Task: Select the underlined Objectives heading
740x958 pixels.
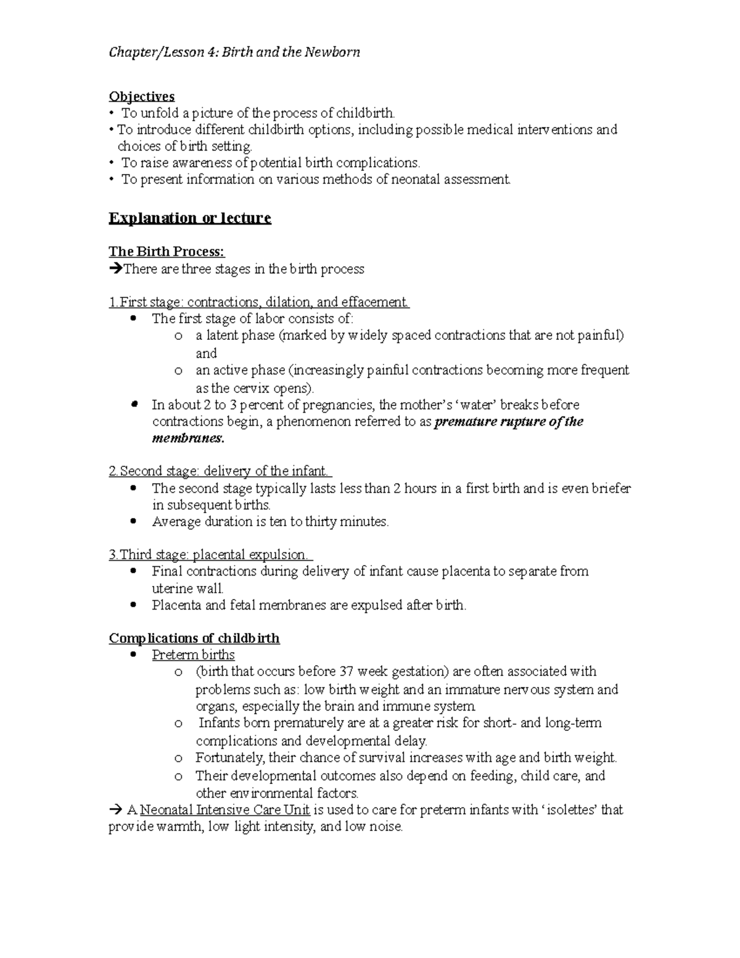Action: (x=142, y=96)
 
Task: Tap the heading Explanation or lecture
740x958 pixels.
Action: (x=190, y=218)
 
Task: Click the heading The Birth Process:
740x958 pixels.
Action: (x=167, y=252)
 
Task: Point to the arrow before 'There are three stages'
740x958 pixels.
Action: (x=115, y=269)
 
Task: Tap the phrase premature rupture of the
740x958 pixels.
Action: (x=509, y=422)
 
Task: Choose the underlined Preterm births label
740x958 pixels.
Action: (x=193, y=654)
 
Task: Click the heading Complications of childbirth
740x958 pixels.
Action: (x=194, y=638)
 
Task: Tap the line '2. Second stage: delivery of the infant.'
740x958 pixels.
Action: (x=220, y=471)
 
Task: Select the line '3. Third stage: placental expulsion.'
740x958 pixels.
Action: (x=211, y=555)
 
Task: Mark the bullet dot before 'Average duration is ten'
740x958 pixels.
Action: (x=134, y=521)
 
